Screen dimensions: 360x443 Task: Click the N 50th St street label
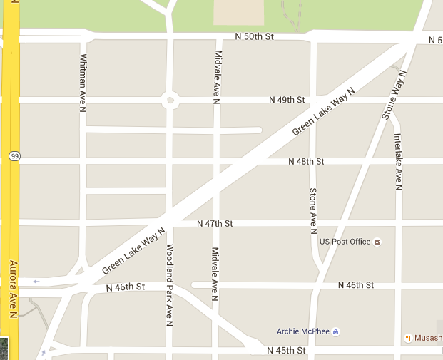(x=254, y=36)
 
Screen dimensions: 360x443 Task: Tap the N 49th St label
(x=287, y=100)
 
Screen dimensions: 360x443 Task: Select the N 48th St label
(x=306, y=162)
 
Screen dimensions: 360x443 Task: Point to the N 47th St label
(x=215, y=224)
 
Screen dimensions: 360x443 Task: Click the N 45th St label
(x=286, y=351)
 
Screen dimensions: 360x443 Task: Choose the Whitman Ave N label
(x=83, y=83)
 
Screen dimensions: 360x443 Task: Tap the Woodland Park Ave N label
(x=170, y=285)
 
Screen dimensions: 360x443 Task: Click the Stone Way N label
(x=397, y=95)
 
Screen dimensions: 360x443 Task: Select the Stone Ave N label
(x=312, y=210)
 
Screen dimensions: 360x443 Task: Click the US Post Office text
(x=345, y=242)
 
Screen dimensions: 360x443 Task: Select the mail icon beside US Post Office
(x=377, y=242)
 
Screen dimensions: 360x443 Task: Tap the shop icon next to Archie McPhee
(x=335, y=331)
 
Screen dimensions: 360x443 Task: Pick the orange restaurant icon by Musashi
(x=407, y=338)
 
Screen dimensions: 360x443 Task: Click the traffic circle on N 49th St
(x=170, y=100)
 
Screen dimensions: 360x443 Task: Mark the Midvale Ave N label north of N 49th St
(x=216, y=73)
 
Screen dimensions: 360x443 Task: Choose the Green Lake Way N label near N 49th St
(x=323, y=110)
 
